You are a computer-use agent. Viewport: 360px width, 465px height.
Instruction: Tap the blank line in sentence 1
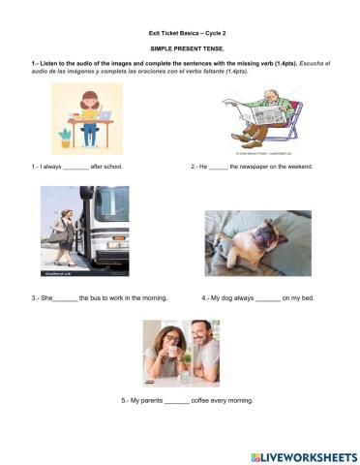(75, 168)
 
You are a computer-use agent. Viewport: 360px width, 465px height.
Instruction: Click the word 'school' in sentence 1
(111, 167)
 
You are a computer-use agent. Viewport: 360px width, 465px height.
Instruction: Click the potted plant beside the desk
(65, 137)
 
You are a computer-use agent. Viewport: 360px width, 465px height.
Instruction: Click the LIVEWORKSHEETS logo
(303, 455)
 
